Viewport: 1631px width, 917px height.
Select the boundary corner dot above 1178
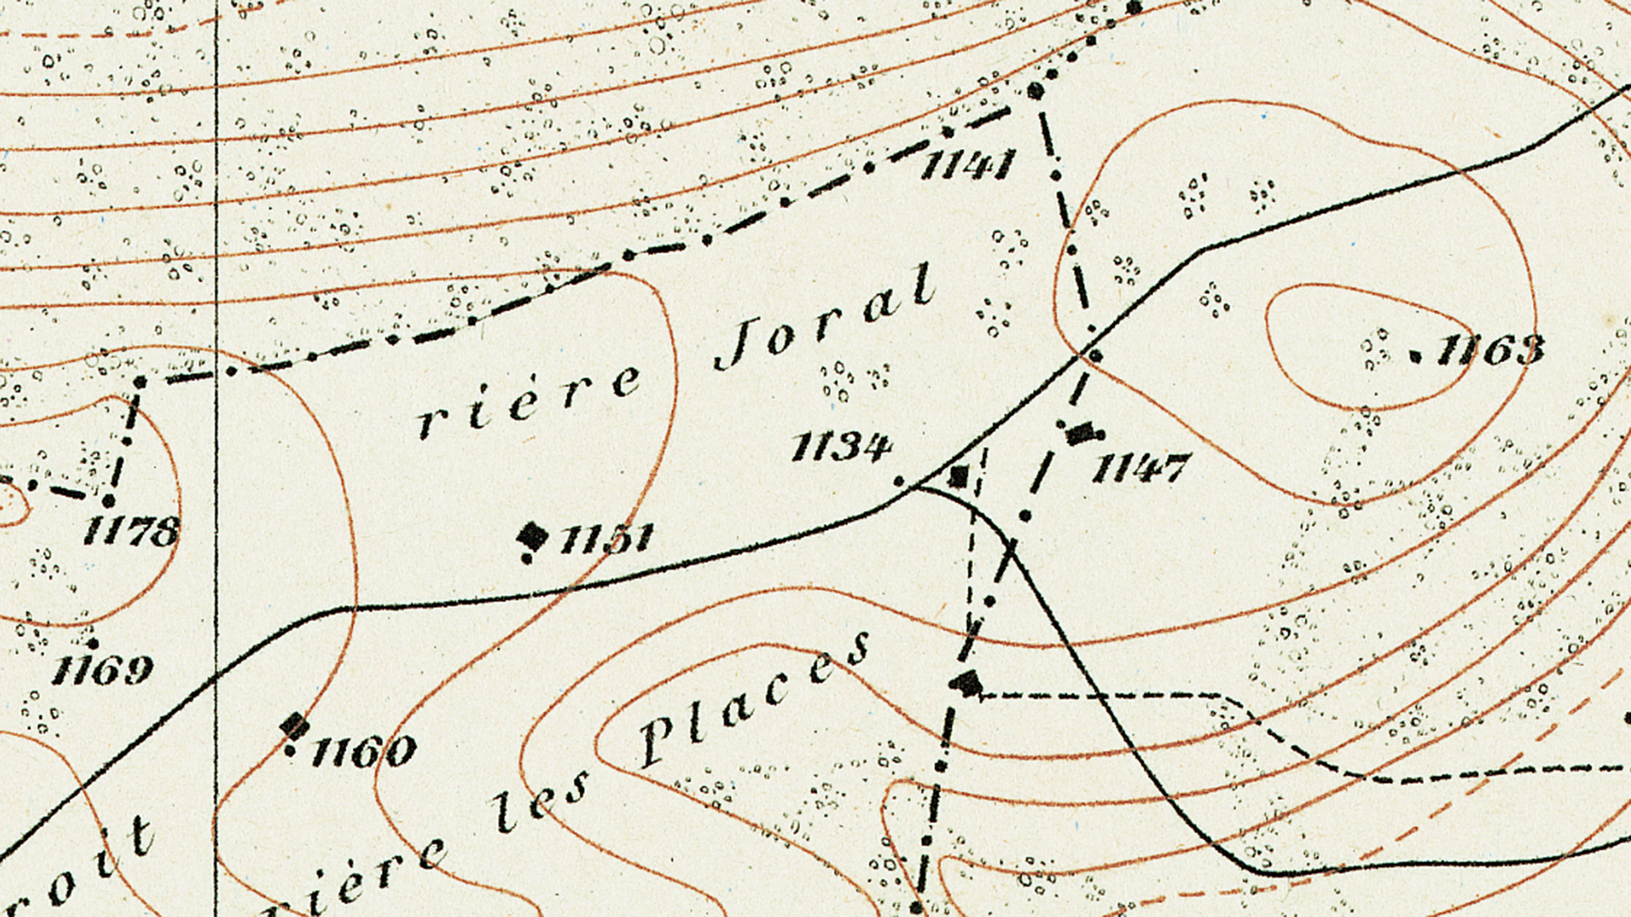[141, 382]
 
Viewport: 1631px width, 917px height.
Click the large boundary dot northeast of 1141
[1035, 92]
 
